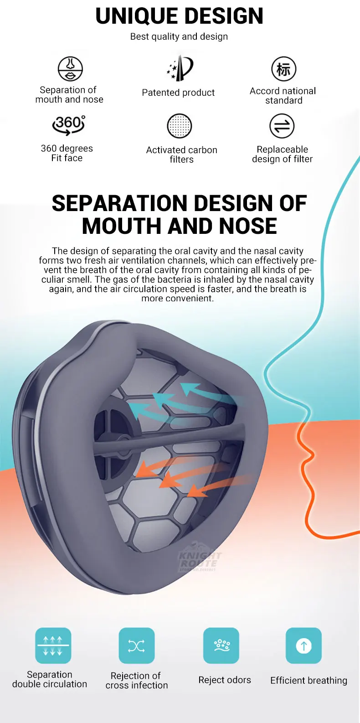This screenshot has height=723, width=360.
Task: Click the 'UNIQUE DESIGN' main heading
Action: coord(180,16)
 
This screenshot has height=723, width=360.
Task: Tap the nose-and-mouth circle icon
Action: coord(70,69)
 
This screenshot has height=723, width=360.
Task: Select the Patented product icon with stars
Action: coord(180,68)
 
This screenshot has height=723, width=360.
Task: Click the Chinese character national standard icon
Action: coord(283,69)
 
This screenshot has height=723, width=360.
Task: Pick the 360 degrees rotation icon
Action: coord(69,124)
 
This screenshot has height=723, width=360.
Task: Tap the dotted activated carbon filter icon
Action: coord(180,126)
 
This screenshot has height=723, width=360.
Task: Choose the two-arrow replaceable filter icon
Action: coord(282,126)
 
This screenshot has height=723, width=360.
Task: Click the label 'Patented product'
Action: coord(178,93)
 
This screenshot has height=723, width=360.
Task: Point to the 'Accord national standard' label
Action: coord(283,96)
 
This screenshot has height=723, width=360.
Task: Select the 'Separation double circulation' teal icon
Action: coord(53,646)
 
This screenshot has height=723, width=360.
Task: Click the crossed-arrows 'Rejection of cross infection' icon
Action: coord(137,646)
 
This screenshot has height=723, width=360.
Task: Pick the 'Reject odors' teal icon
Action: coord(221,646)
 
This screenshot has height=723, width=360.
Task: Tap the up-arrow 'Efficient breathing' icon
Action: coord(303,646)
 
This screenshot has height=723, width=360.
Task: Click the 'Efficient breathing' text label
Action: coord(309,681)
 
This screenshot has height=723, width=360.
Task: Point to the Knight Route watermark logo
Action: coord(199,560)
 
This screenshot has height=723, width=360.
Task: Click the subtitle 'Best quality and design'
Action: coord(179,36)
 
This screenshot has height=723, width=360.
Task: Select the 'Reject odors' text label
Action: coord(225,680)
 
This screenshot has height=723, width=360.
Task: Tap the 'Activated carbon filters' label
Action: coord(181,155)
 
